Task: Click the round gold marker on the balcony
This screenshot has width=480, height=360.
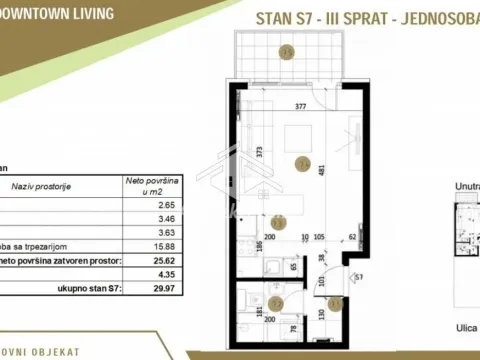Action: tap(287, 52)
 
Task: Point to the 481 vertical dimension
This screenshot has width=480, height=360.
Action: tap(321, 170)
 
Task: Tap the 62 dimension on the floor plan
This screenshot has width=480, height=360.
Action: tap(353, 238)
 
